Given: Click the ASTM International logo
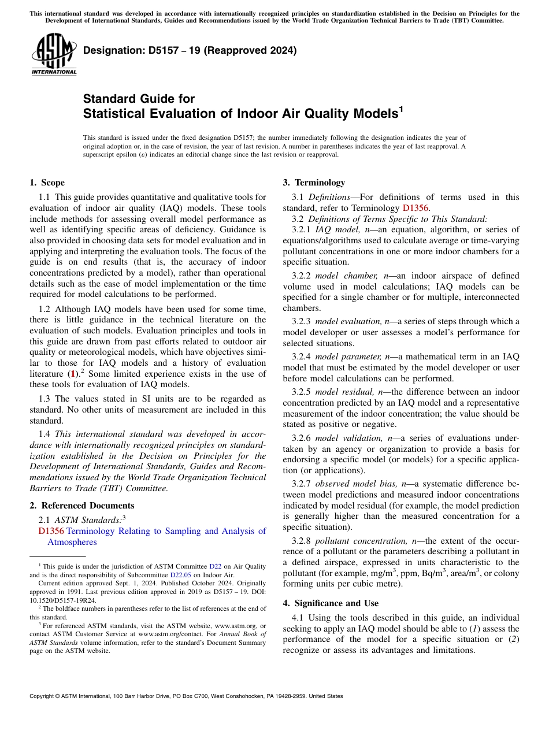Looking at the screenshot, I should click(54, 55).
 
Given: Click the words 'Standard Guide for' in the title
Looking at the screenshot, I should click(139, 98).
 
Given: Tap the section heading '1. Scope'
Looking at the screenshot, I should click(47, 183).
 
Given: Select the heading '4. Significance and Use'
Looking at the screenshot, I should click(331, 603).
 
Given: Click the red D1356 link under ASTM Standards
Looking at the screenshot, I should click(51, 531).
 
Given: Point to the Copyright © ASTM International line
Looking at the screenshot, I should click(186, 696).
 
